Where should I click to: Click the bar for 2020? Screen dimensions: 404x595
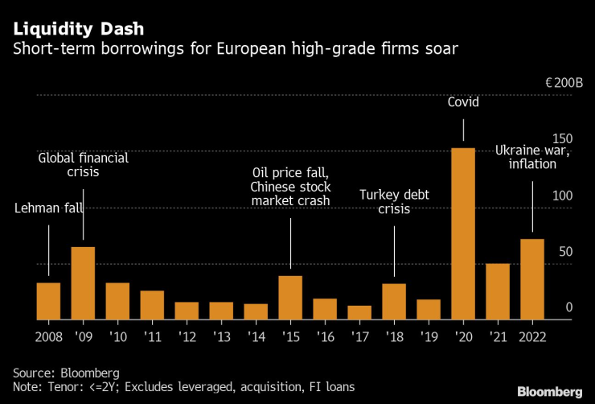click(x=462, y=233)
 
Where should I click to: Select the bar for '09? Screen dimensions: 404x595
click(x=83, y=282)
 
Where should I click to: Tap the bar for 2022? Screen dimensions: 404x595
click(x=531, y=278)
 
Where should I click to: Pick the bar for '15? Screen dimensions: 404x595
click(x=290, y=297)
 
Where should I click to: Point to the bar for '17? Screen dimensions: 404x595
click(x=359, y=312)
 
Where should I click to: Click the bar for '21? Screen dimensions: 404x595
click(x=497, y=291)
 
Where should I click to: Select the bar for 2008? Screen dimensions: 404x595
click(x=48, y=300)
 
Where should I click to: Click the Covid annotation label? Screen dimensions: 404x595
click(x=463, y=103)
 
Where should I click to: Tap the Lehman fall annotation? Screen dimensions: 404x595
click(x=49, y=209)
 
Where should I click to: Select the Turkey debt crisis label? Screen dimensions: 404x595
click(x=395, y=202)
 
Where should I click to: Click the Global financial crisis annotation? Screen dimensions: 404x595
click(x=84, y=166)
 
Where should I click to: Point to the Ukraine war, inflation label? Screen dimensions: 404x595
click(x=532, y=157)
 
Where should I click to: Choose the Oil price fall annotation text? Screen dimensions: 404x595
click(x=291, y=186)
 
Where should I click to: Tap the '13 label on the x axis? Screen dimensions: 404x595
click(x=221, y=336)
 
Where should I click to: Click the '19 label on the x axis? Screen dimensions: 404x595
click(x=429, y=336)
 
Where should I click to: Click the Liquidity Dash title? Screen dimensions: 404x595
click(x=79, y=29)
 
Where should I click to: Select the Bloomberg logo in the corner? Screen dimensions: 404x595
click(x=549, y=392)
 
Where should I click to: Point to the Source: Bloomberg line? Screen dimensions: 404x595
click(x=66, y=373)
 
